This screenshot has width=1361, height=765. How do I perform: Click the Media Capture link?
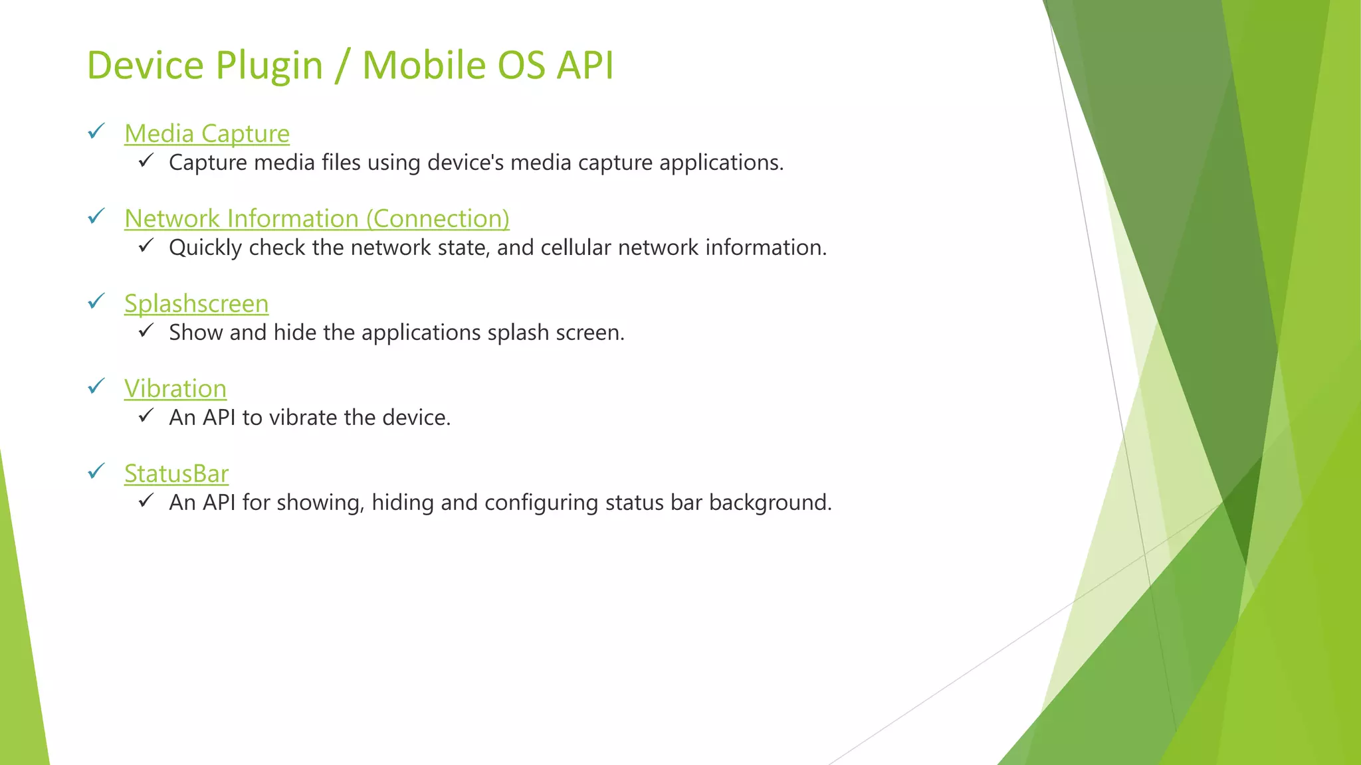pos(207,134)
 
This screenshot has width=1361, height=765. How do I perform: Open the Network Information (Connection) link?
pos(316,219)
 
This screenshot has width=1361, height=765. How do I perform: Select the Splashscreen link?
pos(196,304)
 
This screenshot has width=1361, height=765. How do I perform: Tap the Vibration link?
pos(175,389)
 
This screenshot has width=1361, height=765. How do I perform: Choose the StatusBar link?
pos(176,474)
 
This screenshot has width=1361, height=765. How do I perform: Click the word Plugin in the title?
pos(270,66)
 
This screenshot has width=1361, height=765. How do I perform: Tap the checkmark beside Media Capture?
pos(96,131)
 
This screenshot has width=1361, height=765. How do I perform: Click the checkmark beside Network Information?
pos(96,216)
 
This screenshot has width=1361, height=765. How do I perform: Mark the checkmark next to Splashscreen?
pos(96,301)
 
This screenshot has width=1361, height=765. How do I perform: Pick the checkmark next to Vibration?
pos(96,386)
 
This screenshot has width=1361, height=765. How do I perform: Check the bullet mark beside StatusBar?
pos(96,471)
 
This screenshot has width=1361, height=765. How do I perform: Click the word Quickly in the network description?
pos(205,248)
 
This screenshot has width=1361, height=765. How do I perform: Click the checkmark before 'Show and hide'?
pos(146,331)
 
